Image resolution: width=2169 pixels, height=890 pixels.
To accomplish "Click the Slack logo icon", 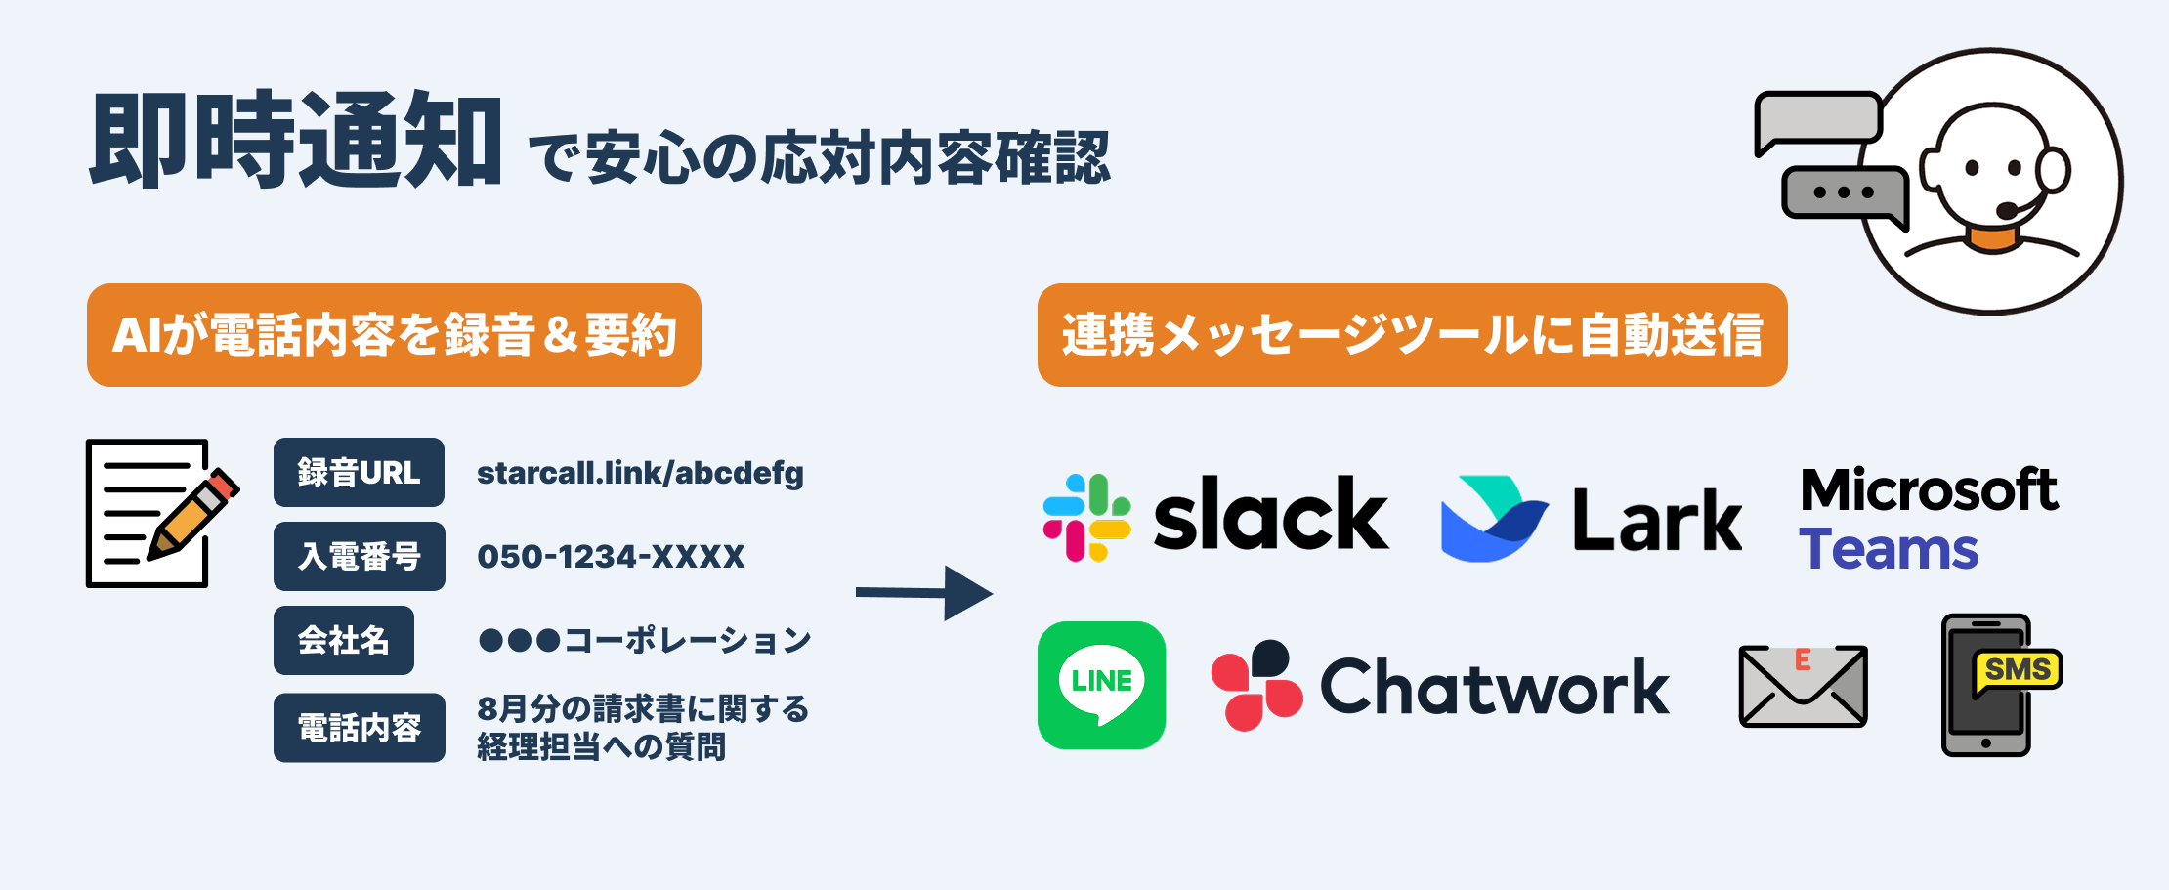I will point(1086,518).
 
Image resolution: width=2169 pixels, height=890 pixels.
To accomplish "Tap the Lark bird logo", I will point(1493,519).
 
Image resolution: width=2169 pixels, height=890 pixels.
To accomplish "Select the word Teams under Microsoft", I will point(1888,550).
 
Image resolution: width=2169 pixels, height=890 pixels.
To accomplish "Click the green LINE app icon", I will point(1101,686).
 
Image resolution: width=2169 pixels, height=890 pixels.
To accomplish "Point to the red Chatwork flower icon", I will point(1256,686).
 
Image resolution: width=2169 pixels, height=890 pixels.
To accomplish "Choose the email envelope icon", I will point(1803,686).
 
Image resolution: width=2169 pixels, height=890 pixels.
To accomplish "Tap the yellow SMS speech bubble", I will point(2017,671).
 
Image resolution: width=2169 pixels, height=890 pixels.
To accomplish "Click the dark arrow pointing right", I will point(923,593).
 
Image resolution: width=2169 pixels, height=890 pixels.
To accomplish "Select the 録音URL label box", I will point(359,473).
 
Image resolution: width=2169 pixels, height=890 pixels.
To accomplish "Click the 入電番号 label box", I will point(359,557).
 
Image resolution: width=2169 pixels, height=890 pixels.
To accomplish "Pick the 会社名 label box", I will point(344,641).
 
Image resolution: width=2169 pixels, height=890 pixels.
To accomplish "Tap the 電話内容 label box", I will point(359,728).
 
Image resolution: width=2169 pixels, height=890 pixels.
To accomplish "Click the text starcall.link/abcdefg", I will point(640,473).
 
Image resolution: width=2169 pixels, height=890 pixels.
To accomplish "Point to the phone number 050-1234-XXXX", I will point(611,557).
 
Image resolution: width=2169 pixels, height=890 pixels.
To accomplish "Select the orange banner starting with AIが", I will point(394,335).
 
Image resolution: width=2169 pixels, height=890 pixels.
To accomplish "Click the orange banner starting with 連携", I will point(1412,335).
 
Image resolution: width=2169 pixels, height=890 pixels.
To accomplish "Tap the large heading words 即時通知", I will point(296,140).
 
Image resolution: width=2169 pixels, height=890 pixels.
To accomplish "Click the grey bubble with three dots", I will point(1844,193).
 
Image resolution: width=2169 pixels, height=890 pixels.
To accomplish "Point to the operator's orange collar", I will point(1992,238).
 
